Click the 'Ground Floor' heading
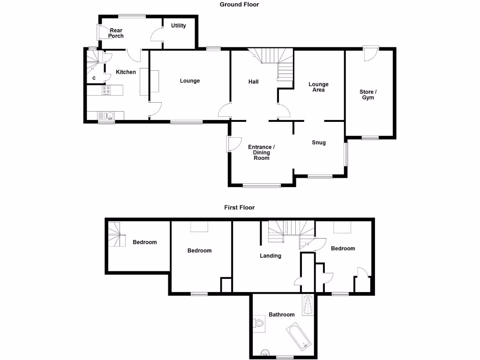239,5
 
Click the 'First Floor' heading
239,207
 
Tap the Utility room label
178,26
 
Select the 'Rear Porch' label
116,33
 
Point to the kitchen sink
106,115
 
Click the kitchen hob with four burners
106,90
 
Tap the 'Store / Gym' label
368,95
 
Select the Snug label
319,142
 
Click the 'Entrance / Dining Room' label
261,152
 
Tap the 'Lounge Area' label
318,87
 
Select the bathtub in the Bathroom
299,336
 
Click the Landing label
270,256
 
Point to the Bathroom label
281,315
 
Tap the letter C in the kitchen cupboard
94,78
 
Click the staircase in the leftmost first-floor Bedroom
116,234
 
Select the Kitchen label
126,72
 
